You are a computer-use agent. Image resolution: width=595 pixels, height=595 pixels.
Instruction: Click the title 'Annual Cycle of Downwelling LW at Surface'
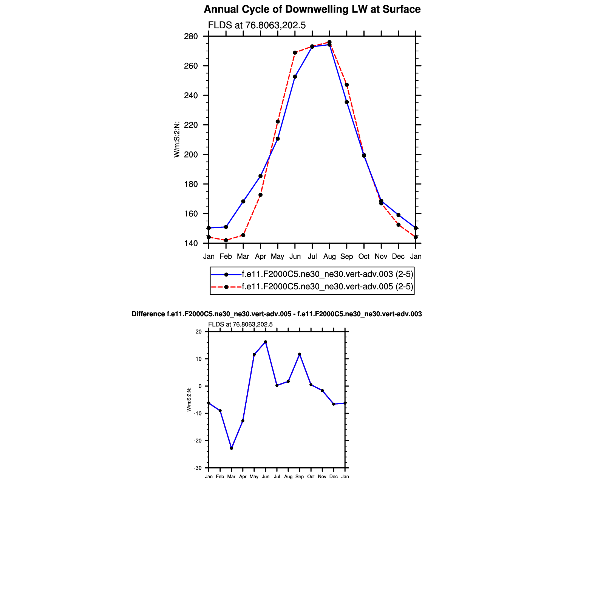pos(312,9)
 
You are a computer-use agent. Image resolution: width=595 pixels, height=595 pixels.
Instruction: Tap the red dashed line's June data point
pos(295,53)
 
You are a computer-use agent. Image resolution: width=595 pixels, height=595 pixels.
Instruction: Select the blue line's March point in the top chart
pos(243,201)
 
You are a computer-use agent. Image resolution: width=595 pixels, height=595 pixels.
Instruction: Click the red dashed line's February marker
pos(226,240)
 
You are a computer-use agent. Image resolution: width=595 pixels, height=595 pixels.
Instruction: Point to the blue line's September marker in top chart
pos(347,102)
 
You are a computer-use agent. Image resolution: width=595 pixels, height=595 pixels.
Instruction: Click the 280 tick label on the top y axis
pos(191,37)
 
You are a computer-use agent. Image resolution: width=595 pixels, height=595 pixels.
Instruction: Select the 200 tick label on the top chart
pos(191,155)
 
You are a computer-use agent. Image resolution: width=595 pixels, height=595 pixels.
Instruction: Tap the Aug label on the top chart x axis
pos(329,257)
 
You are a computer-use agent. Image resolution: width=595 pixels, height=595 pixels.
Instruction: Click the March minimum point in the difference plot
pos(232,448)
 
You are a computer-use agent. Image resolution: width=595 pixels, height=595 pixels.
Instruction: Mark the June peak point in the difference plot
pos(266,342)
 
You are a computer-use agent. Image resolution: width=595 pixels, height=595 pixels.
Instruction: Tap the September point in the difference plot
pos(300,354)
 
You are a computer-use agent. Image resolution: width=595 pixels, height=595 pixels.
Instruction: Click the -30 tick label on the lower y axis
pos(198,468)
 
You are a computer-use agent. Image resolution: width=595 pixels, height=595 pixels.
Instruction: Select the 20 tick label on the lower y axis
pos(199,332)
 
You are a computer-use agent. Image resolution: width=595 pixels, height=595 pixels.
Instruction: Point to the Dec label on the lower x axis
pos(334,477)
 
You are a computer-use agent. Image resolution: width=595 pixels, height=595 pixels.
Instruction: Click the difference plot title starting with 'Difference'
pos(277,314)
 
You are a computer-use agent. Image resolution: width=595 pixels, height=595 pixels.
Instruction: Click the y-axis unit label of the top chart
pos(176,139)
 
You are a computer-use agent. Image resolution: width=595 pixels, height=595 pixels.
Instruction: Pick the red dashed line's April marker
pos(260,195)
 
